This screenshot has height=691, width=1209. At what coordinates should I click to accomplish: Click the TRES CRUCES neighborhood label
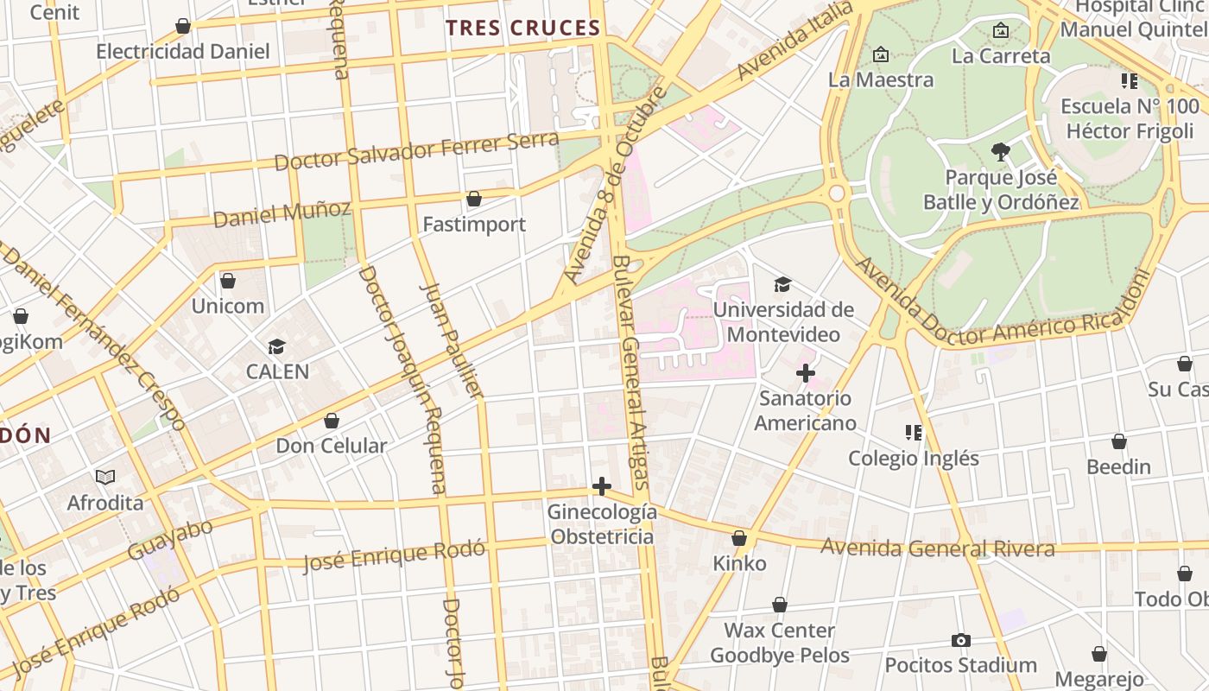523,28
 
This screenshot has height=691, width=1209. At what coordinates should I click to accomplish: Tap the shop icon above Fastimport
473,200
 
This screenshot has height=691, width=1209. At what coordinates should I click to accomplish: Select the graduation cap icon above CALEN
276,347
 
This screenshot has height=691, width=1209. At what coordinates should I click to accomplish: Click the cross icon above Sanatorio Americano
805,373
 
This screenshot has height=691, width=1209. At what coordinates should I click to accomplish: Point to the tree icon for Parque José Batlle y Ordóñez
1001,153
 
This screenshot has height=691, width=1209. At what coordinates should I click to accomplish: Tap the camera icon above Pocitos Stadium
960,640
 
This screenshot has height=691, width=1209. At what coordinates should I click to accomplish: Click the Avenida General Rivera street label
937,548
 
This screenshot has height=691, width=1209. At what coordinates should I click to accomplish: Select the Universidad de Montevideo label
783,321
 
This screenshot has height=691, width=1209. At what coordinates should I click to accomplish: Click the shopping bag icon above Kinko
739,538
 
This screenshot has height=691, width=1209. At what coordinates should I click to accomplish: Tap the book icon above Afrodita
105,477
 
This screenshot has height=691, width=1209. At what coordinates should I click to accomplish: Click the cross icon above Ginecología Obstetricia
602,487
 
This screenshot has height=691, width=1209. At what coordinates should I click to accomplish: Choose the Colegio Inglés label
914,458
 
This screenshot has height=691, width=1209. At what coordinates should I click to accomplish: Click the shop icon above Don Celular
331,421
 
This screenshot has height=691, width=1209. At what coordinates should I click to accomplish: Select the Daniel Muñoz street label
282,212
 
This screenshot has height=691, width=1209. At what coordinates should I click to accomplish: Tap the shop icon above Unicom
228,281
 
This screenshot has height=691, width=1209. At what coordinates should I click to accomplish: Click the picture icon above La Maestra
880,54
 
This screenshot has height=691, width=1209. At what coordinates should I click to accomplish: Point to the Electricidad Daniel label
183,51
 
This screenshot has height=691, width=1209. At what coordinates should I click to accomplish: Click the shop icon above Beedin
1119,441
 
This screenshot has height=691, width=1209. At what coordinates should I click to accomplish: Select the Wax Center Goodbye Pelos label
780,643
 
